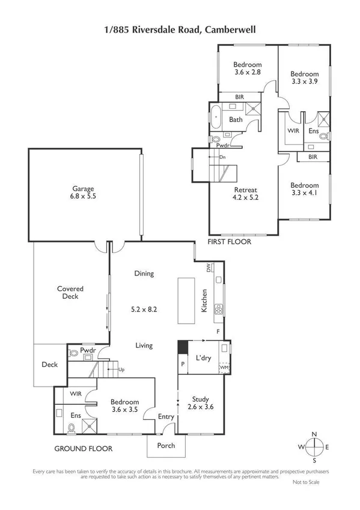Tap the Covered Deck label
coord(70,293)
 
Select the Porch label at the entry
coord(166,446)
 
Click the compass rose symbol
coord(314,447)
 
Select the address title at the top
coord(180,28)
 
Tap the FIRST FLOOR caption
coord(230,242)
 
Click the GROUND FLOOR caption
coord(84,449)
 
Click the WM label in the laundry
coord(224,367)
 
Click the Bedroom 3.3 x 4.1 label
coord(304,189)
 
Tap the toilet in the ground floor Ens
coord(72,428)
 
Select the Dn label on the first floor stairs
coord(222,157)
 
